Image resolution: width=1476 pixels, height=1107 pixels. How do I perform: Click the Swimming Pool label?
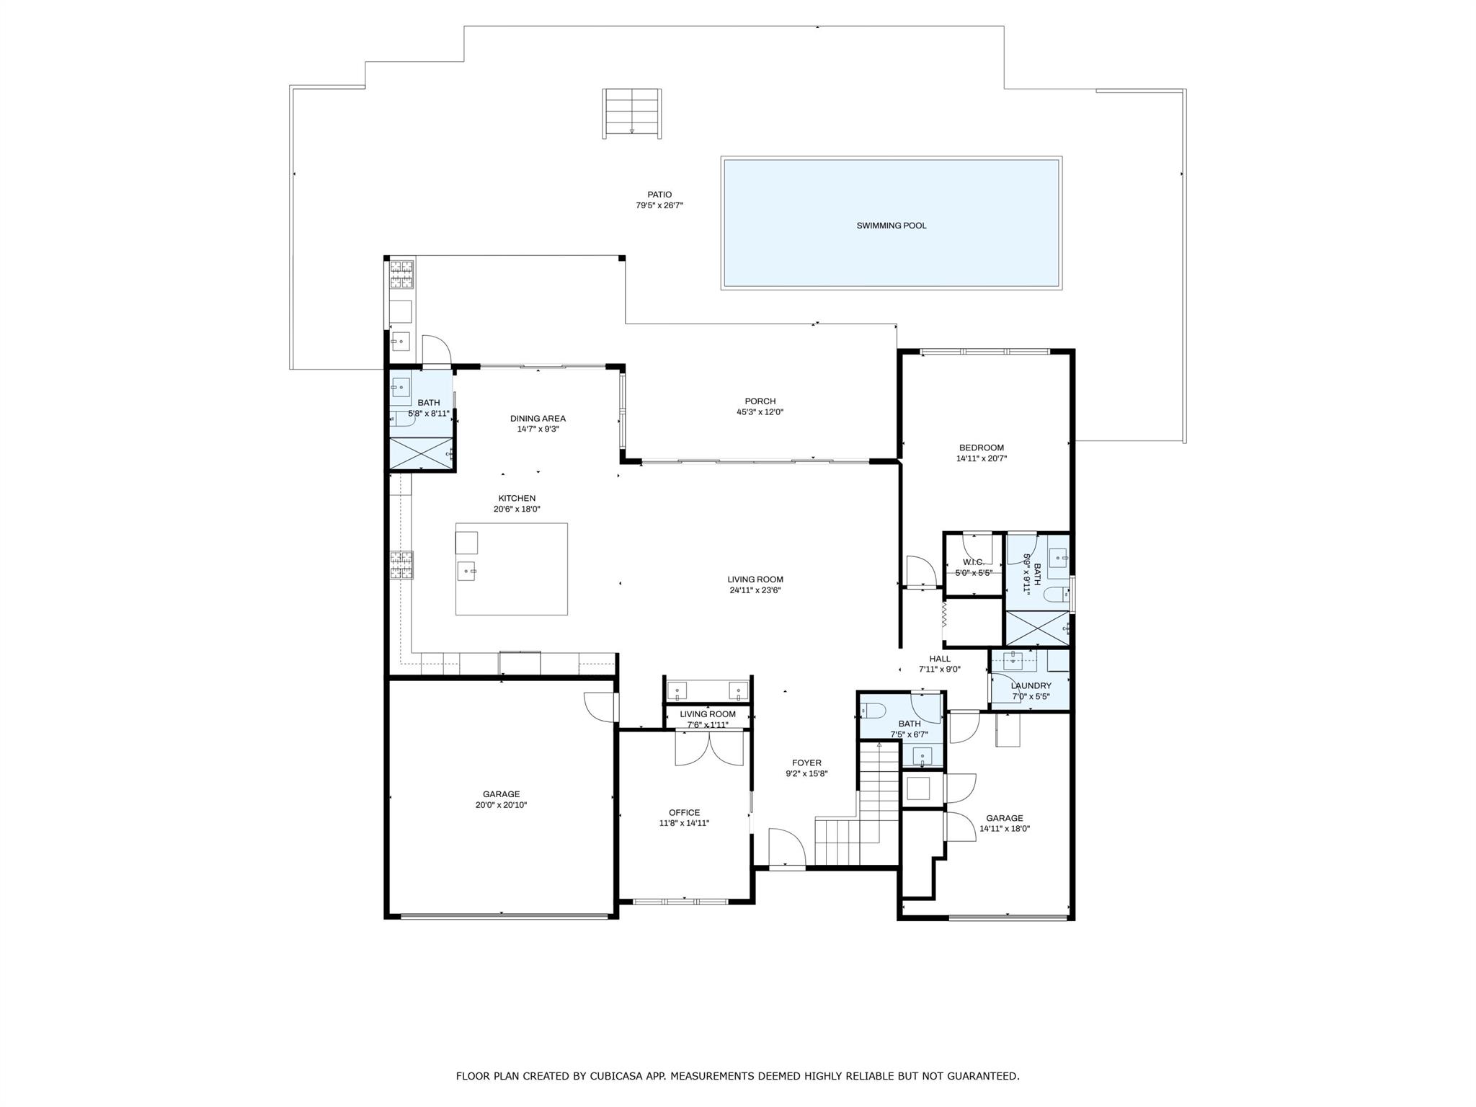coord(891,226)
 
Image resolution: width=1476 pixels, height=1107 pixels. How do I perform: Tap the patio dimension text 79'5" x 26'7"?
coord(659,205)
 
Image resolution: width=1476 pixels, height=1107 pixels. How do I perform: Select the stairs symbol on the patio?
coord(632,112)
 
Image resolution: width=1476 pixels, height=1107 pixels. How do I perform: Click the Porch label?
coord(760,401)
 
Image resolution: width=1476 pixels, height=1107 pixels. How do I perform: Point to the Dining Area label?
coord(538,419)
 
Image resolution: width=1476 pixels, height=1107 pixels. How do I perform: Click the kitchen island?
coord(512,569)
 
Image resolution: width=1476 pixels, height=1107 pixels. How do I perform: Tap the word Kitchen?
coord(517,498)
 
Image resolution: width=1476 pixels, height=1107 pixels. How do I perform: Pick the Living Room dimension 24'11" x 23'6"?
coord(755,590)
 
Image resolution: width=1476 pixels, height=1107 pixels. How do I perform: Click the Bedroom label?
coord(981,448)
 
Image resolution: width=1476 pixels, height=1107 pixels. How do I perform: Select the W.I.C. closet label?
coord(973,562)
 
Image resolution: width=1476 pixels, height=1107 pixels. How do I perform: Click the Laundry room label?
coord(1031,686)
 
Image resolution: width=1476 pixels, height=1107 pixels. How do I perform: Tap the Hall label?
coord(939,659)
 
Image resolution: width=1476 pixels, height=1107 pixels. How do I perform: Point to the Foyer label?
coord(806,763)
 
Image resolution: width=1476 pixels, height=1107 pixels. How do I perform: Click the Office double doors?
coord(709,748)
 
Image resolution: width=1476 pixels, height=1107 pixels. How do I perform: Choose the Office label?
coord(684,812)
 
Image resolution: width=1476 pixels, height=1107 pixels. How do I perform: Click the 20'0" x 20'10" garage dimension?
coord(501,805)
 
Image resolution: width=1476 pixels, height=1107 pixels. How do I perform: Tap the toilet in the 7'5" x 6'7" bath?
coord(873,711)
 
